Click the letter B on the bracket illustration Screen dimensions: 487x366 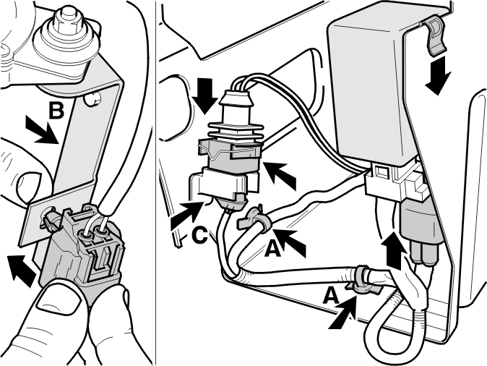56,111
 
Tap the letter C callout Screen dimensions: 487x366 199,235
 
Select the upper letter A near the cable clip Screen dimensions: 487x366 272,250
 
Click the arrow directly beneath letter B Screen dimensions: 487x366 41,130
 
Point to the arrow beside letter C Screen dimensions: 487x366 186,214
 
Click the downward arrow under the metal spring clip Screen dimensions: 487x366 438,78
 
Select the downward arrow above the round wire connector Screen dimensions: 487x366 204,97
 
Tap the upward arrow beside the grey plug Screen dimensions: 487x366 394,250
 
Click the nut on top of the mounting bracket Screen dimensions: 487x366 66,20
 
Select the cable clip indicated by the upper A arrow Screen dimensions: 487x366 256,221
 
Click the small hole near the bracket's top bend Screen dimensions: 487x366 93,99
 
